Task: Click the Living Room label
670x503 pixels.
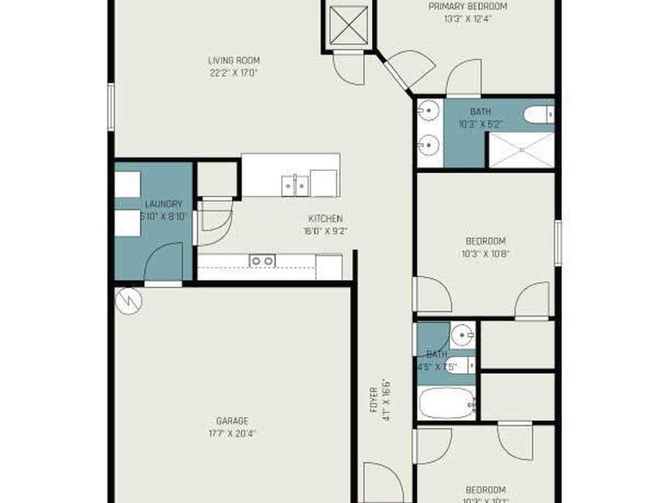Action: (234, 61)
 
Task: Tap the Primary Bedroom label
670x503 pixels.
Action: (467, 7)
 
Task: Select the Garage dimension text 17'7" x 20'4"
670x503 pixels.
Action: (232, 433)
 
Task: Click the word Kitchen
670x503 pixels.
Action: (325, 219)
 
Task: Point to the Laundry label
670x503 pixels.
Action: (164, 204)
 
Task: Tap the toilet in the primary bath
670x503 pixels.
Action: (539, 115)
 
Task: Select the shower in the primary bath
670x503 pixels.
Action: (521, 150)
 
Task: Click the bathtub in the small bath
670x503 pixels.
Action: (446, 403)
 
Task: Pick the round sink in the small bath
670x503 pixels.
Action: (464, 336)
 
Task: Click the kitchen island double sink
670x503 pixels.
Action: (295, 185)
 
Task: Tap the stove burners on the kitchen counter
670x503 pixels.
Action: (262, 261)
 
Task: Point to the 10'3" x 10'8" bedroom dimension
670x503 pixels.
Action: (485, 253)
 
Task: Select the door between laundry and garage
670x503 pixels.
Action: (164, 265)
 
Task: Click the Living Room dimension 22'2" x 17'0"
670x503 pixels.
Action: (234, 73)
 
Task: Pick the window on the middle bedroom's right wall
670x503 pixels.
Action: (557, 242)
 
